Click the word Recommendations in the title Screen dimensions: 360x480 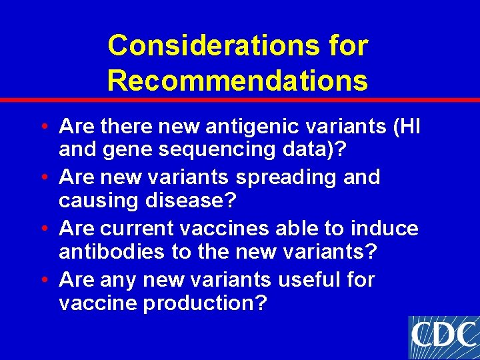(237, 81)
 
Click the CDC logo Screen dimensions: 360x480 (443, 337)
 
